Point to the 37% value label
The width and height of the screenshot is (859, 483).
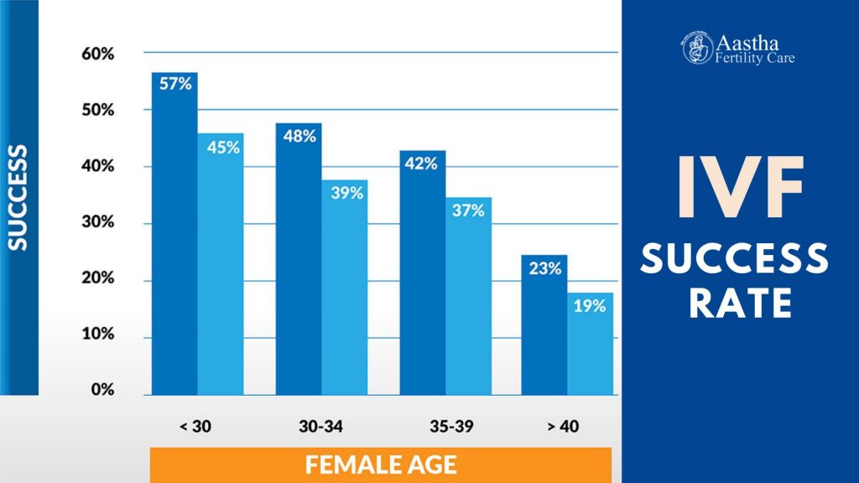[x=468, y=210]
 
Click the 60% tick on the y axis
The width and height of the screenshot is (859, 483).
[x=97, y=54]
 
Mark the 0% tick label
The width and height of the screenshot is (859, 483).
[x=102, y=390]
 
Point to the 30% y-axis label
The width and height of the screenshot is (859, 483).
[x=97, y=223]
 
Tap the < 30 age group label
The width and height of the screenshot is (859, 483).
[x=195, y=427]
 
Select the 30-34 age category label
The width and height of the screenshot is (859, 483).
[x=321, y=427]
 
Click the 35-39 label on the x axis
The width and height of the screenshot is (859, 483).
[x=445, y=427]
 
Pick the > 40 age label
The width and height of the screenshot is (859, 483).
[x=563, y=427]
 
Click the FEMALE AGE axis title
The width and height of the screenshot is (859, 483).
[x=380, y=464]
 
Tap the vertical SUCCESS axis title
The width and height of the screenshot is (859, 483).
[x=18, y=198]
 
